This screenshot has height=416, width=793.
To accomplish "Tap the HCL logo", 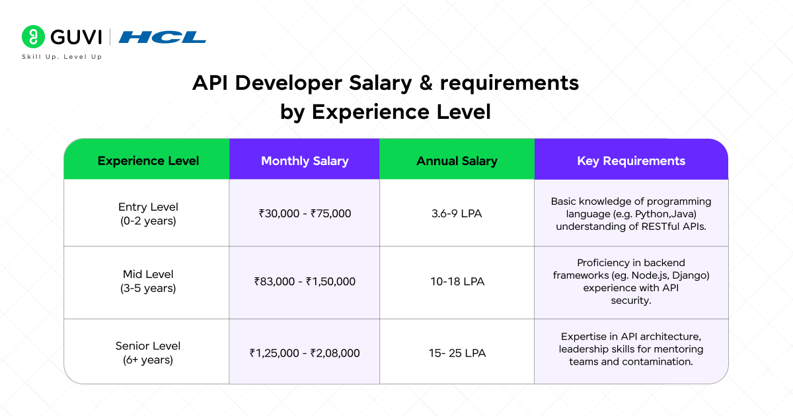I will [x=162, y=37].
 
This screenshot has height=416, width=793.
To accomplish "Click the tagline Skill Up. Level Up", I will [x=62, y=57].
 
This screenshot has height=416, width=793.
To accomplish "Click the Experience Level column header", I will [x=148, y=160].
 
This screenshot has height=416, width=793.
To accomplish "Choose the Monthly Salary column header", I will [x=305, y=160].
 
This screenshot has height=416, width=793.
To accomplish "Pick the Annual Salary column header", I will [x=457, y=160].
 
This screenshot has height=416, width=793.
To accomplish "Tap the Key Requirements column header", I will [x=631, y=160].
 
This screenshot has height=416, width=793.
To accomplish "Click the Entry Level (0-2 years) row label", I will [x=148, y=214].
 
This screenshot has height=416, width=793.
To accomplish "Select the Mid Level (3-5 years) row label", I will [x=148, y=281].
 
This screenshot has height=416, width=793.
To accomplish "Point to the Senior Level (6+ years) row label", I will [x=148, y=353].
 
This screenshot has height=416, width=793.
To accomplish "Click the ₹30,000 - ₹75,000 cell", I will [x=305, y=214].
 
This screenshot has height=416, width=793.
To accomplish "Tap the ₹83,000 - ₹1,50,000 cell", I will [x=305, y=281].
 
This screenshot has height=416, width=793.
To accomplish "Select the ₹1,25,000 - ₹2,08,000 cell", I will [x=305, y=353].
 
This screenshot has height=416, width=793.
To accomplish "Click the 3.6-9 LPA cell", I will [x=457, y=214].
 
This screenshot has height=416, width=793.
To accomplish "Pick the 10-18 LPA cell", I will [x=457, y=281].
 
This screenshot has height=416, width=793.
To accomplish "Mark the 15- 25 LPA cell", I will [x=457, y=353].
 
